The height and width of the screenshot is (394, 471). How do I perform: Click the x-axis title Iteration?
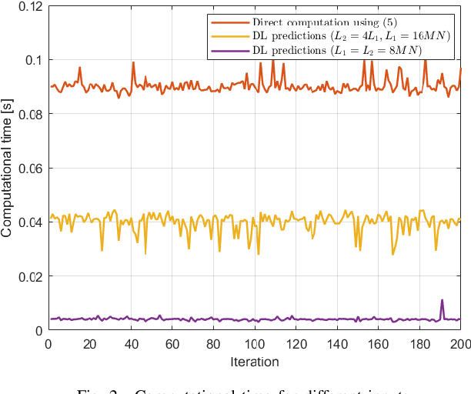pyautogui.click(x=255, y=362)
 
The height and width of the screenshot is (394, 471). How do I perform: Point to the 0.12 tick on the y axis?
pyautogui.click(x=28, y=6)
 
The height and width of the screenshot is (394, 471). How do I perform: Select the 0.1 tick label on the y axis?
pyautogui.click(x=32, y=60)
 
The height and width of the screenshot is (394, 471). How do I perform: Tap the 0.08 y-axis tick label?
pyautogui.click(x=28, y=114)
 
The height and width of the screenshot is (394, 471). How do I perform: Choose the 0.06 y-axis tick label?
pyautogui.click(x=28, y=168)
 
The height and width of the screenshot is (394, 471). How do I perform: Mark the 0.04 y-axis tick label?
pyautogui.click(x=28, y=222)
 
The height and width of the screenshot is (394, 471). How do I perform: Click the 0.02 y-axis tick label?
pyautogui.click(x=28, y=276)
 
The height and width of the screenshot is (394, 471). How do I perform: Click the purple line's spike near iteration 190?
pyautogui.click(x=442, y=300)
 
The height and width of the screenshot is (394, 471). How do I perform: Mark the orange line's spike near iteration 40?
pyautogui.click(x=133, y=63)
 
